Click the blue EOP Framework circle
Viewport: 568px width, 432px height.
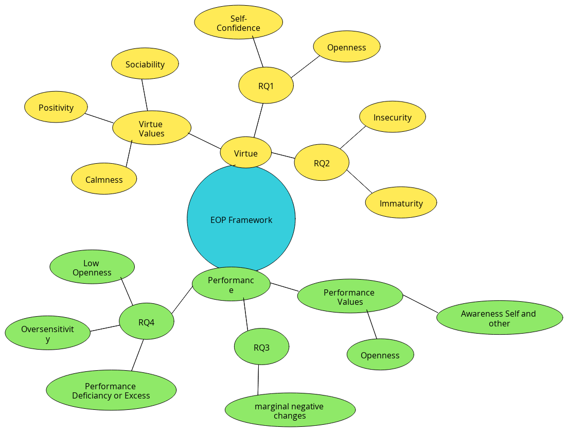tap(241, 219)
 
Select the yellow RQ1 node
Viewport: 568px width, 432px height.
tap(266, 85)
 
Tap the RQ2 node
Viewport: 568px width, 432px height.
tap(322, 163)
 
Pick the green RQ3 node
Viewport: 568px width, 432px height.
tap(261, 347)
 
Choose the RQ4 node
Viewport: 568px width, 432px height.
tap(146, 321)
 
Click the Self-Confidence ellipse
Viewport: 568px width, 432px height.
tap(238, 22)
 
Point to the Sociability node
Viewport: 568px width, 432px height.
tap(145, 64)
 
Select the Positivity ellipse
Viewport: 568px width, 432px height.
tap(56, 107)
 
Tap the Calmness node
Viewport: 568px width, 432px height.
tap(104, 179)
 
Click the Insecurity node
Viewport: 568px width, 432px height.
tap(393, 117)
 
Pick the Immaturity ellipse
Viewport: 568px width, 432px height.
tap(401, 202)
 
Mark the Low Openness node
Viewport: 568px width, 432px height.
tap(92, 267)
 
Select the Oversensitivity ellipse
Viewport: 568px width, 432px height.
tap(47, 333)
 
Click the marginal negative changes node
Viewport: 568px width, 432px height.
tap(290, 410)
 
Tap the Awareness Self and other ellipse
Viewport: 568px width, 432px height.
tap(500, 318)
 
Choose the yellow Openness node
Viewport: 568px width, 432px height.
tap(347, 46)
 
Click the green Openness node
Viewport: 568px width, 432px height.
tap(380, 354)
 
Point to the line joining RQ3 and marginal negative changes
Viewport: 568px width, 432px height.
tap(258, 379)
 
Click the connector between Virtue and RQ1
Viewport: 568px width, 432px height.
tap(259, 120)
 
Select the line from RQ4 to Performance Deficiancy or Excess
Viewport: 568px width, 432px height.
tap(137, 355)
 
